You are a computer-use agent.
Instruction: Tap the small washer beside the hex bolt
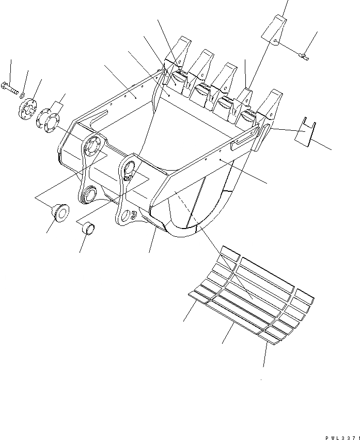click(x=22, y=96)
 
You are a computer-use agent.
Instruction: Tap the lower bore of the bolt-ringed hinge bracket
click(x=89, y=194)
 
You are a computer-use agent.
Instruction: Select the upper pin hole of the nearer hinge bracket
click(x=130, y=166)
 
